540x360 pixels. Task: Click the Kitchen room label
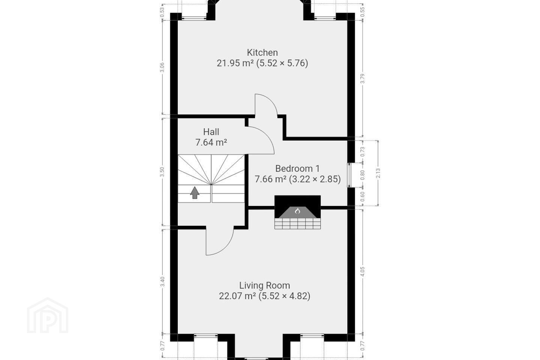[x=262, y=52]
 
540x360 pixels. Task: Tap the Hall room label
[x=211, y=132]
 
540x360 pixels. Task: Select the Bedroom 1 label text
[x=297, y=168]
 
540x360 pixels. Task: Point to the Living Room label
[x=264, y=285]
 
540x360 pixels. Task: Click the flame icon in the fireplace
[x=297, y=211]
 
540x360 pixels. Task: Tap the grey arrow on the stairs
[x=195, y=192]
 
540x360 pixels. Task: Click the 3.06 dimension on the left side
[x=162, y=67]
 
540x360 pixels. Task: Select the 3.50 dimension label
[x=162, y=172]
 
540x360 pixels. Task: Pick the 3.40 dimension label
[x=163, y=282]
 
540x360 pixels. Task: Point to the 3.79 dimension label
[x=362, y=79]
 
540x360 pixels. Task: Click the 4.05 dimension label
[x=362, y=271]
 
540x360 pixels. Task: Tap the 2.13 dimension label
[x=378, y=173]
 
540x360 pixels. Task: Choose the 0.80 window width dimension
[x=362, y=175]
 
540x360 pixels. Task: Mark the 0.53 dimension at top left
[x=162, y=10]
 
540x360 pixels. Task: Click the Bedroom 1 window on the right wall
[x=349, y=175]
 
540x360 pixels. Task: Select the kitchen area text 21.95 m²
[x=235, y=63]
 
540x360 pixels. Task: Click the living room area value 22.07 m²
[x=237, y=296]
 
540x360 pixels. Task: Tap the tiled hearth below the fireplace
[x=297, y=223]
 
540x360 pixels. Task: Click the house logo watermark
[x=48, y=315]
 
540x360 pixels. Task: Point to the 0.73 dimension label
[x=362, y=151]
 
